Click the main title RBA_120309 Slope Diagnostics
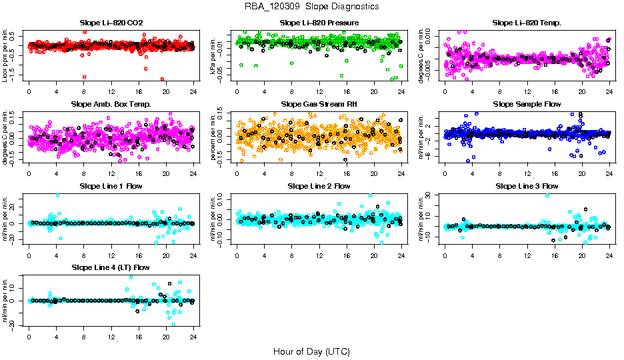[311, 6]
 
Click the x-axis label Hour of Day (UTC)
[311, 351]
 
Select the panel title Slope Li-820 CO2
[111, 23]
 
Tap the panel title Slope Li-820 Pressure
[319, 23]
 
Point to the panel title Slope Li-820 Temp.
[527, 23]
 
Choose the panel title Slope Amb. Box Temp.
[111, 104]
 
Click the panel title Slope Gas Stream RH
[319, 104]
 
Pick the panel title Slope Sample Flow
[527, 104]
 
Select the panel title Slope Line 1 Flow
[111, 185]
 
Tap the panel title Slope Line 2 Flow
[319, 185]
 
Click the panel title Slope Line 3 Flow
[527, 185]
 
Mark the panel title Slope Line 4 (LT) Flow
[111, 267]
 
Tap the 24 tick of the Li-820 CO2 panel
[193, 91]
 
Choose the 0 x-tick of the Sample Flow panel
[445, 173]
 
